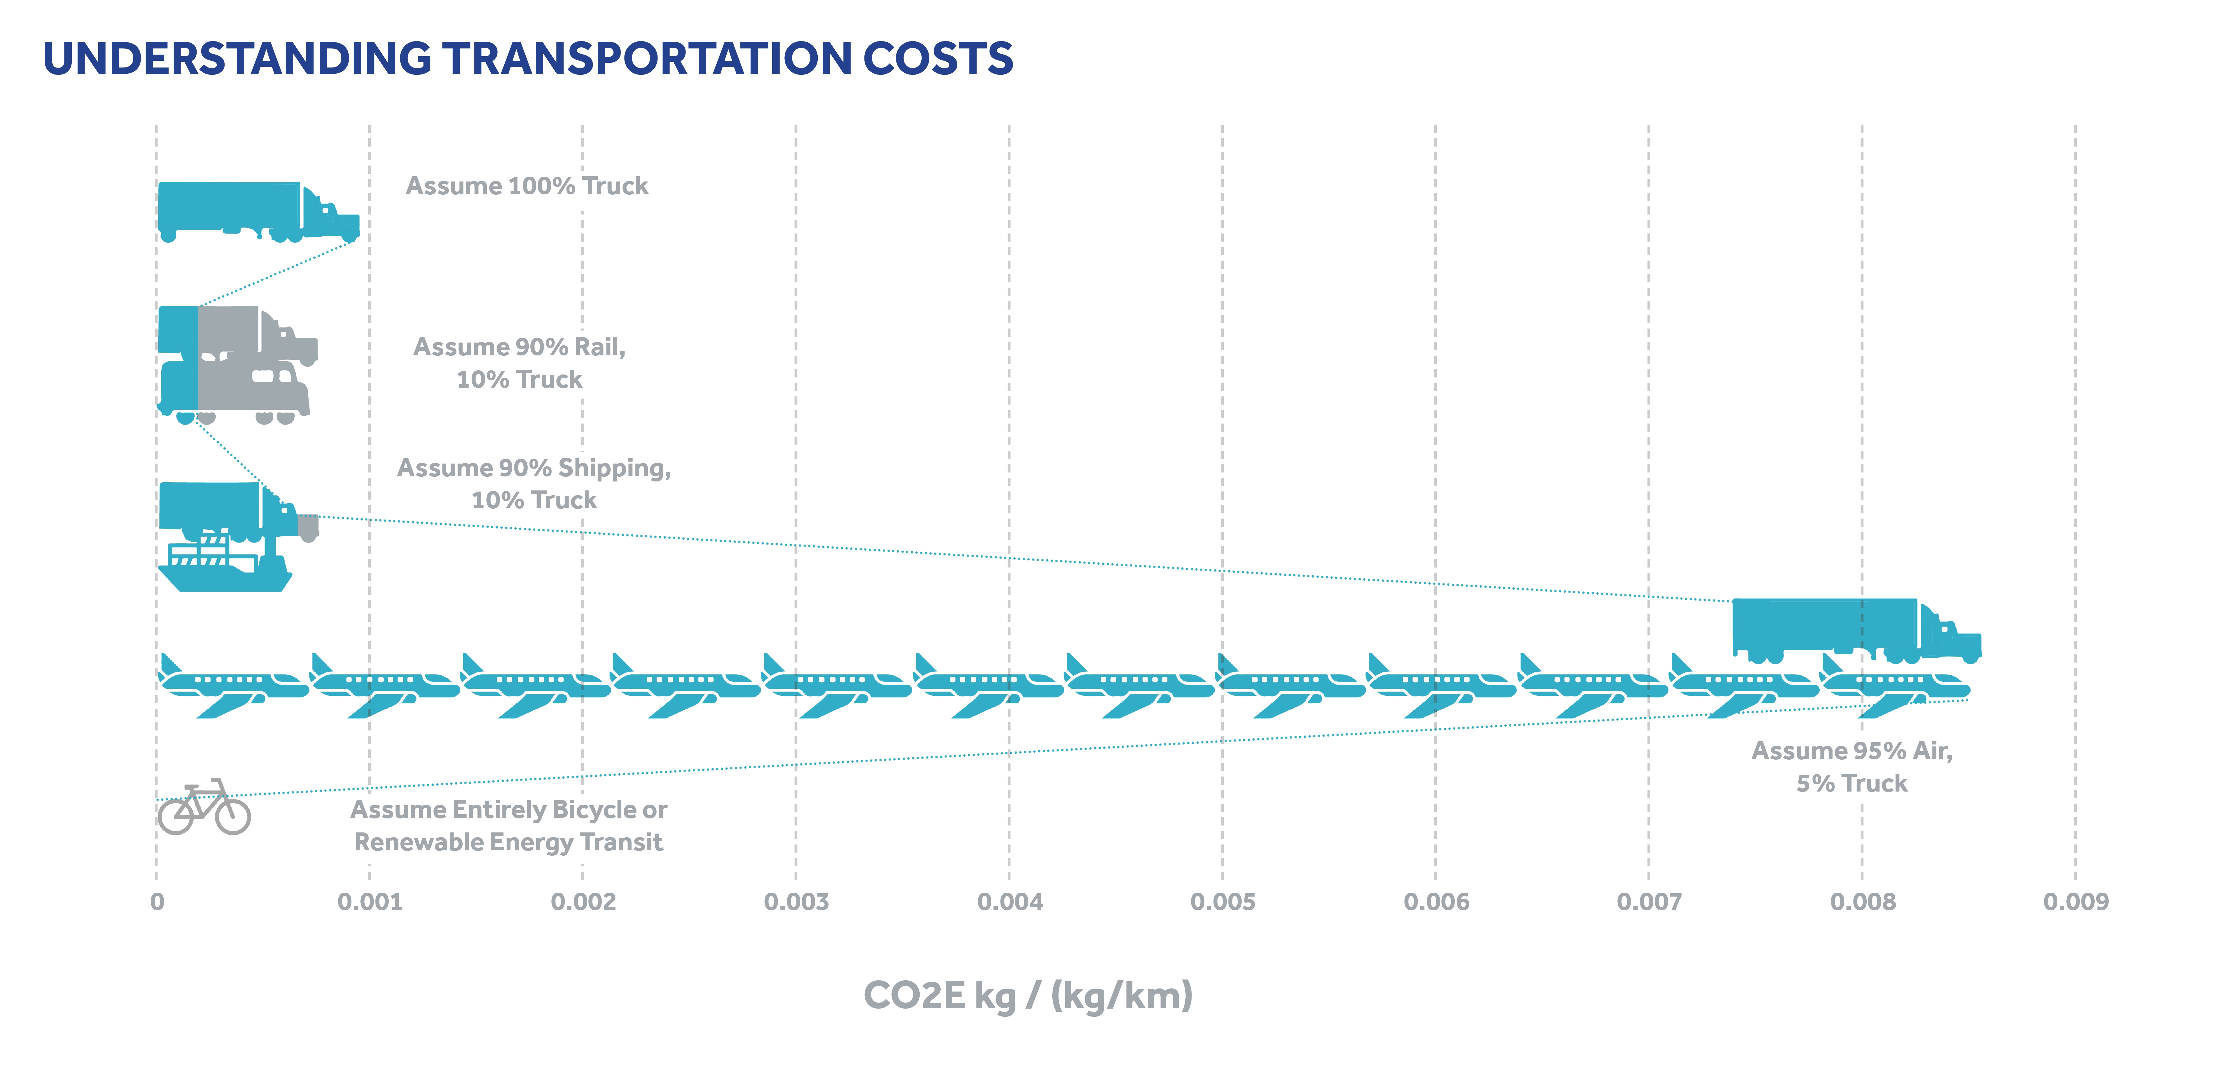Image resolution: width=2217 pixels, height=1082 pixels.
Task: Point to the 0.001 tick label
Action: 369,902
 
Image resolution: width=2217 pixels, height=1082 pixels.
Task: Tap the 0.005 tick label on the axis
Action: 1222,902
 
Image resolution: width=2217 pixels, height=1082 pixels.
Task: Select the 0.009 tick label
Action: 2075,902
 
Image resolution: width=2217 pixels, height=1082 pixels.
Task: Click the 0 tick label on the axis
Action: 157,902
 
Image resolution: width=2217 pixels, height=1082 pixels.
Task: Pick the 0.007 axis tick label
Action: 1648,902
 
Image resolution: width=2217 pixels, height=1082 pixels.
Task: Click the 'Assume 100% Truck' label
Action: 527,186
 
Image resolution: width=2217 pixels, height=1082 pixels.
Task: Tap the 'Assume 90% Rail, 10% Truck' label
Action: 519,362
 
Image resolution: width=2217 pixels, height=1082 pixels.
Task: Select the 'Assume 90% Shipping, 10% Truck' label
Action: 533,484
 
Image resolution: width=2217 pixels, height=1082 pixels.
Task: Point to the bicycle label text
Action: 509,825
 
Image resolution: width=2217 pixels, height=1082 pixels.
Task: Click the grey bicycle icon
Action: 204,808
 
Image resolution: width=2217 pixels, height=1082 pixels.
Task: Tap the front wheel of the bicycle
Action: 232,815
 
